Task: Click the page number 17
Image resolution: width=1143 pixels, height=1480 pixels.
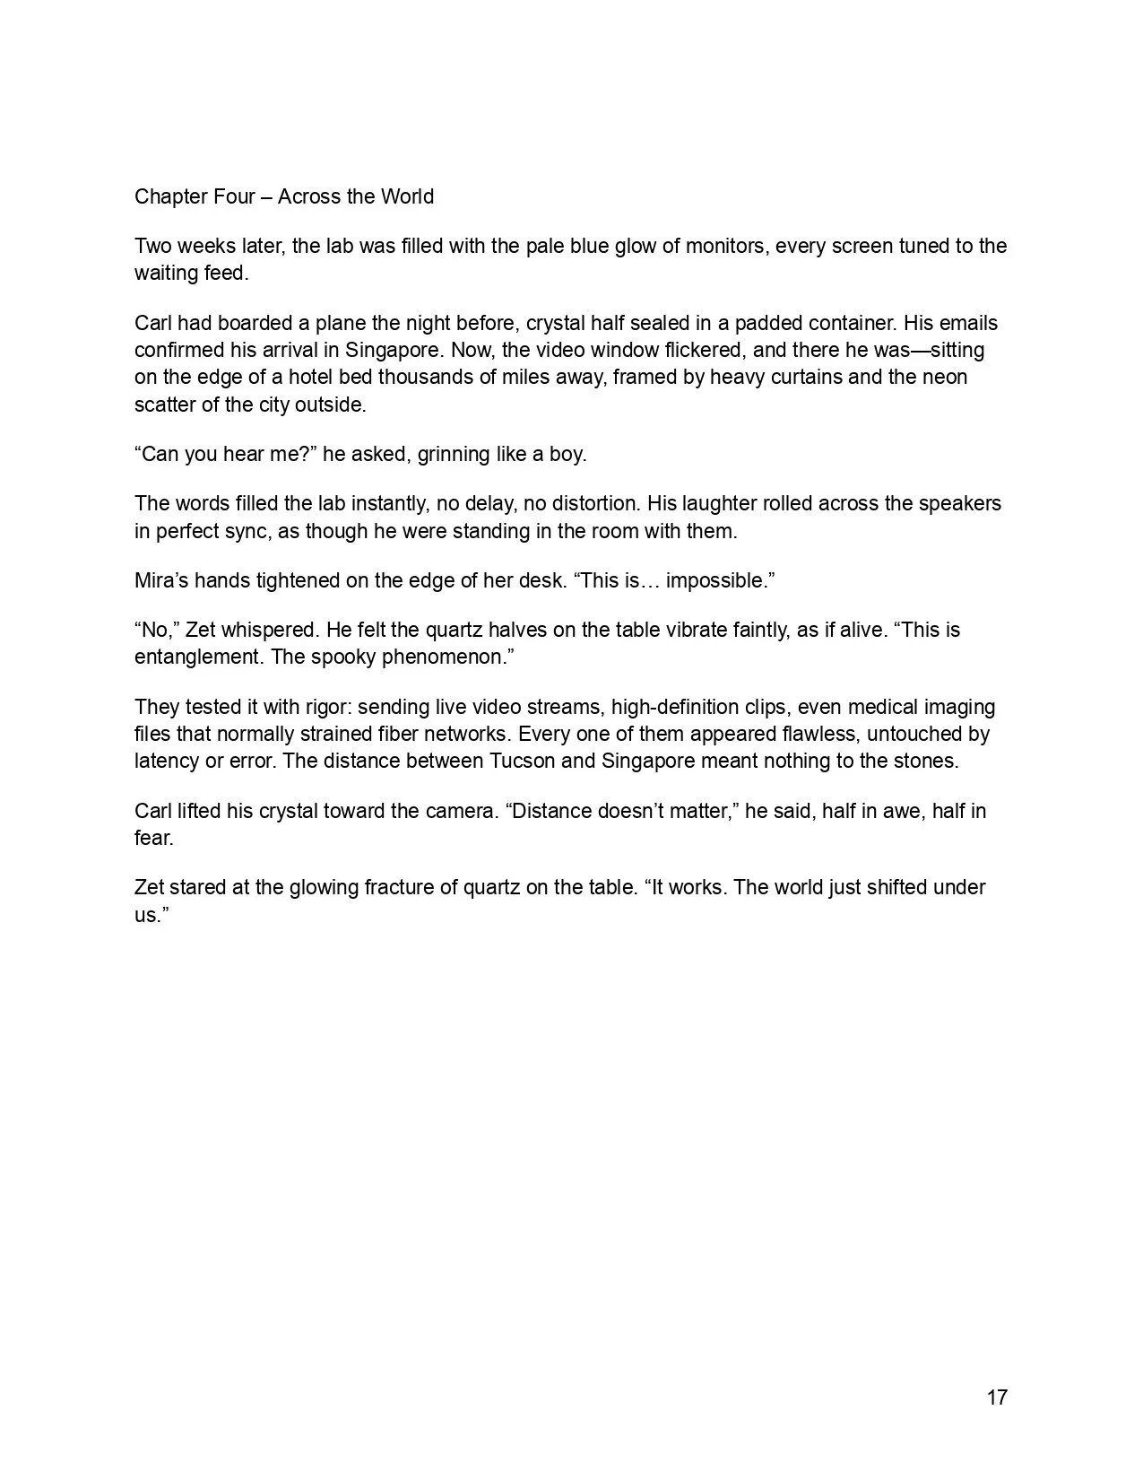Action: click(x=997, y=1397)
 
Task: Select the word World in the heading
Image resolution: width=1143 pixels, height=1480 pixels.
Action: click(x=407, y=197)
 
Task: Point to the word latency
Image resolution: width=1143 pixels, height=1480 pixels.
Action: click(x=167, y=762)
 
